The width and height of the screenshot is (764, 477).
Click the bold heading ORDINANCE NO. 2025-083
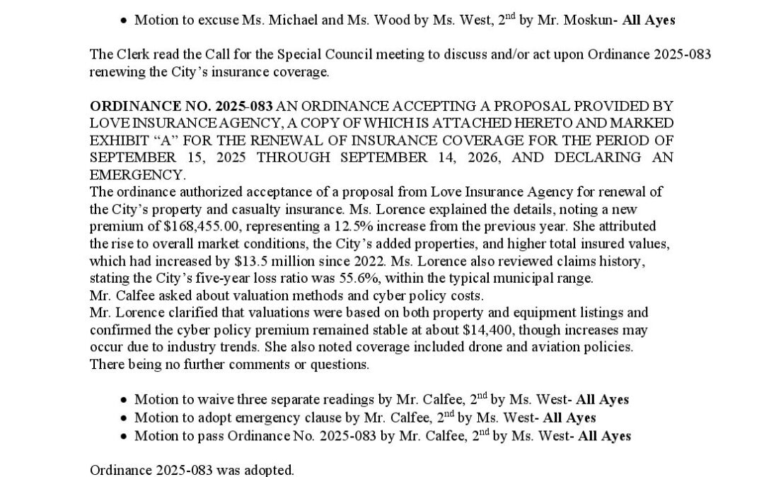[x=180, y=106]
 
